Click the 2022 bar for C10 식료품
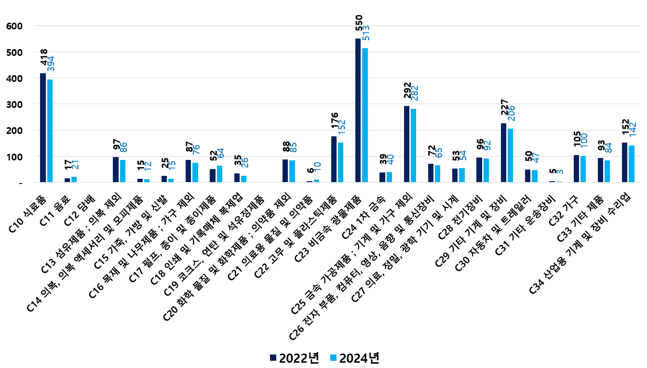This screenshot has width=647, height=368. click(43, 128)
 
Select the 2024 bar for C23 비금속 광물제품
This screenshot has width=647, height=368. click(365, 115)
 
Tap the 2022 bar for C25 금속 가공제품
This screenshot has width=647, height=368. click(406, 144)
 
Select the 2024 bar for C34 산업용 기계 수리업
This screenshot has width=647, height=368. click(632, 164)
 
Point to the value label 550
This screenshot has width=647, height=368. click(359, 26)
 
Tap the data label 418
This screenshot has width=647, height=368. click(44, 57)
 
